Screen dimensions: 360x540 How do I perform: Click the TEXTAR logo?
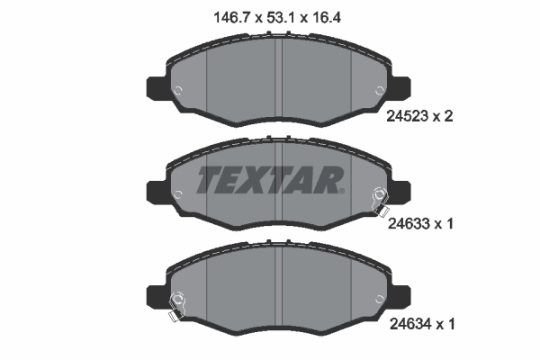pos(269,180)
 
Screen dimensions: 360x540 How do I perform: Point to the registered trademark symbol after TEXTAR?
pos(339,190)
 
